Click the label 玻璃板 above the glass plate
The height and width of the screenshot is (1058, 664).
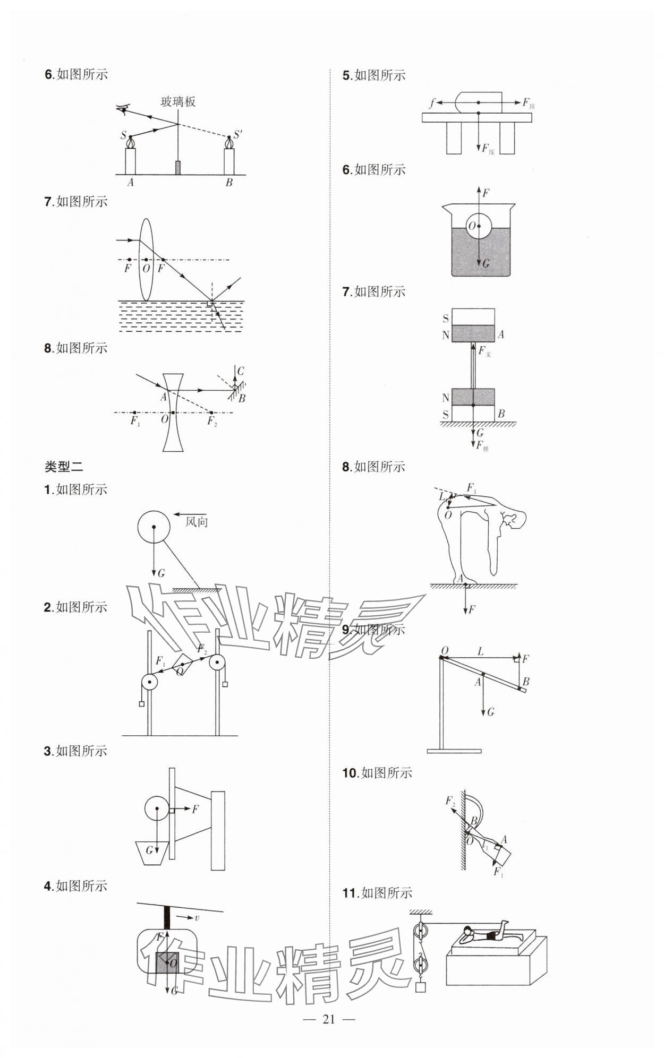[x=178, y=101]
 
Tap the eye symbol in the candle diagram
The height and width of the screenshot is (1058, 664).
[x=124, y=109]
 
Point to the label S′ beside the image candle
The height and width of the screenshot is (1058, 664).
[x=237, y=134]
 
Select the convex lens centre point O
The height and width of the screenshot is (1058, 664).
[x=146, y=260]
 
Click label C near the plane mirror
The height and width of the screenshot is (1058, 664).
[x=241, y=371]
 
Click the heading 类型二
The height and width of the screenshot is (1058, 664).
[x=63, y=467]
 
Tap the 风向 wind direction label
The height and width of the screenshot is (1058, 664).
[x=196, y=522]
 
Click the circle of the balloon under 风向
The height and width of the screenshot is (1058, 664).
[x=154, y=527]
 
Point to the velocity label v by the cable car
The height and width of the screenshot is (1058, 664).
[x=197, y=918]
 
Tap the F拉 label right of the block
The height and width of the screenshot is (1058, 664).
[x=528, y=103]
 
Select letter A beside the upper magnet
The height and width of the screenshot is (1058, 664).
[x=500, y=334]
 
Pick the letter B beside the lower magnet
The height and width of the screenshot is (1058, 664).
[x=501, y=414]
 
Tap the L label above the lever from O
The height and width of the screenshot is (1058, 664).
[x=480, y=651]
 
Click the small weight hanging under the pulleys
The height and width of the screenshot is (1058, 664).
[x=420, y=987]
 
